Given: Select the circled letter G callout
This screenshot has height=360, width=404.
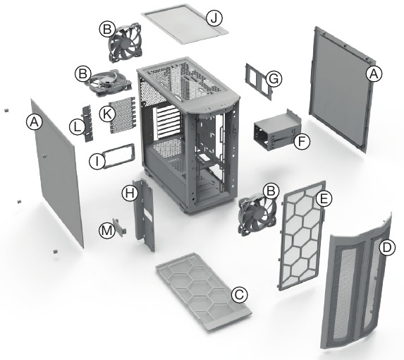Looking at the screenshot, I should (274, 79).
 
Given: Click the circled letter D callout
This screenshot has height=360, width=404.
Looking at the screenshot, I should (387, 248).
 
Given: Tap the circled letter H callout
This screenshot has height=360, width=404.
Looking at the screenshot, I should (128, 192).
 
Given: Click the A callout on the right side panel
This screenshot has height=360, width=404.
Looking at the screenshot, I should (374, 73).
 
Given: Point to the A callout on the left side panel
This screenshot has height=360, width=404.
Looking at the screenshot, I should (33, 122).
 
